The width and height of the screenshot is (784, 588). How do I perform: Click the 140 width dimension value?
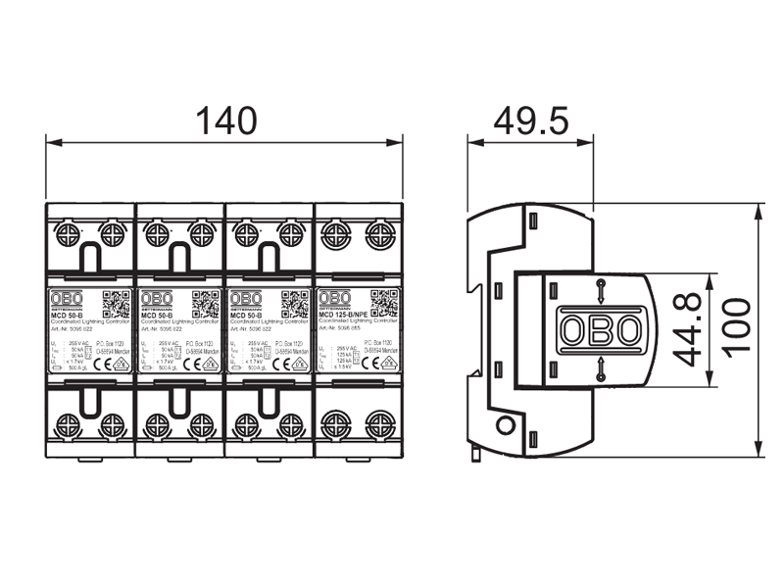point(225,121)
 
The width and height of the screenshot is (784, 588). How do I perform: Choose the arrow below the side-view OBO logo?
point(599,370)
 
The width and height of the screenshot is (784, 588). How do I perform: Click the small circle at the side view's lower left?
point(506,425)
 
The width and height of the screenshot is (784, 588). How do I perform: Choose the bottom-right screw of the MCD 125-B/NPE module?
point(380,424)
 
